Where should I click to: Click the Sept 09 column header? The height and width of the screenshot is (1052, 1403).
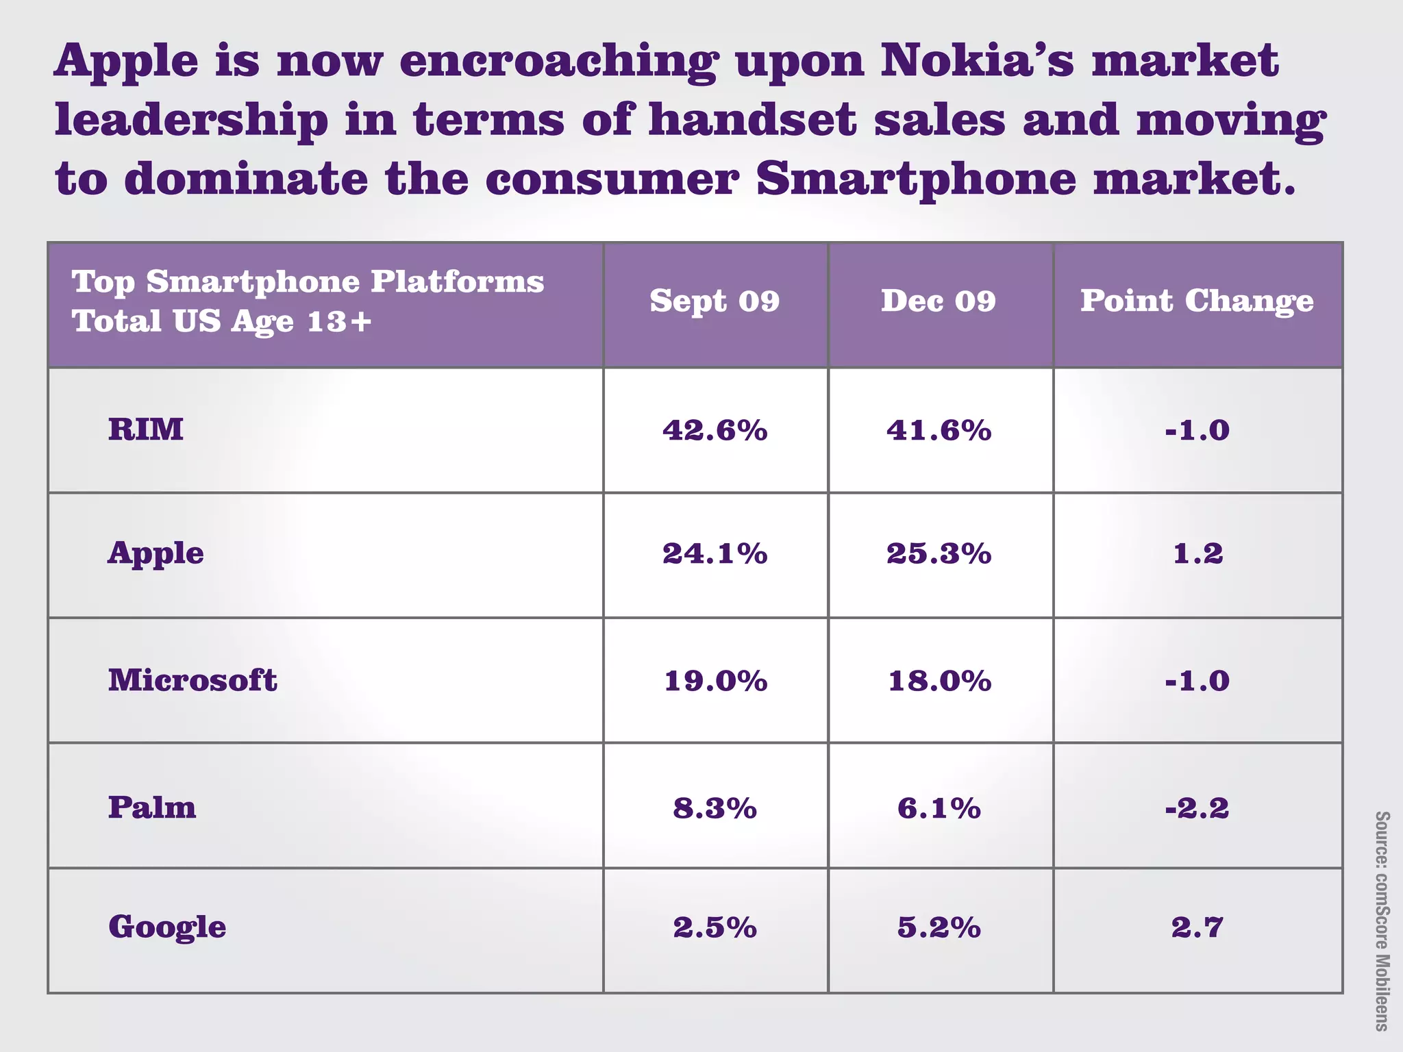pyautogui.click(x=715, y=301)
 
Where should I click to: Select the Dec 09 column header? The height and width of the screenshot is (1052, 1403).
pyautogui.click(x=939, y=301)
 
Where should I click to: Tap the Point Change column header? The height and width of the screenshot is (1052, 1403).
pyautogui.click(x=1197, y=301)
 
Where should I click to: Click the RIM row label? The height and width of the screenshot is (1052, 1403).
pyautogui.click(x=146, y=430)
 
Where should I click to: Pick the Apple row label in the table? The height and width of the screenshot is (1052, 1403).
pyautogui.click(x=156, y=553)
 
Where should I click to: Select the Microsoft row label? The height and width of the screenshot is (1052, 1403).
pyautogui.click(x=193, y=680)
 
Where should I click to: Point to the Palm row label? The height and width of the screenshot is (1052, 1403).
pyautogui.click(x=152, y=807)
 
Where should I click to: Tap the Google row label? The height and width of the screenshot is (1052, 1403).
pyautogui.click(x=167, y=927)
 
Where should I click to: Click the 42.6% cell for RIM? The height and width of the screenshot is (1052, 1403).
pyautogui.click(x=715, y=430)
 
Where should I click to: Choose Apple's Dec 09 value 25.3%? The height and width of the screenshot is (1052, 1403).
pyautogui.click(x=939, y=553)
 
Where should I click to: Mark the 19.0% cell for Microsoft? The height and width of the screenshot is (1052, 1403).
pyautogui.click(x=715, y=681)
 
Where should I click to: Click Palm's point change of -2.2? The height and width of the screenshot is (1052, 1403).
pyautogui.click(x=1197, y=809)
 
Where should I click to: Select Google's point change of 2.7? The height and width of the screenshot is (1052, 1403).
pyautogui.click(x=1197, y=928)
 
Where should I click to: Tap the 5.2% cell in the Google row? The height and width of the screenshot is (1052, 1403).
pyautogui.click(x=939, y=928)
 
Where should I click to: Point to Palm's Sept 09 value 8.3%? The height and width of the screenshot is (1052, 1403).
pyautogui.click(x=715, y=809)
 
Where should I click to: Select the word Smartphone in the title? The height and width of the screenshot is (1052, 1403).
pyautogui.click(x=917, y=179)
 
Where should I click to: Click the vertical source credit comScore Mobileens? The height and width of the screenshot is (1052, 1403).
pyautogui.click(x=1382, y=920)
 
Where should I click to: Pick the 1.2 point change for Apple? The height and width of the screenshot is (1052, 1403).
pyautogui.click(x=1197, y=553)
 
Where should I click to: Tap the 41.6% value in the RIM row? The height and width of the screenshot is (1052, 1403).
pyautogui.click(x=939, y=430)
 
